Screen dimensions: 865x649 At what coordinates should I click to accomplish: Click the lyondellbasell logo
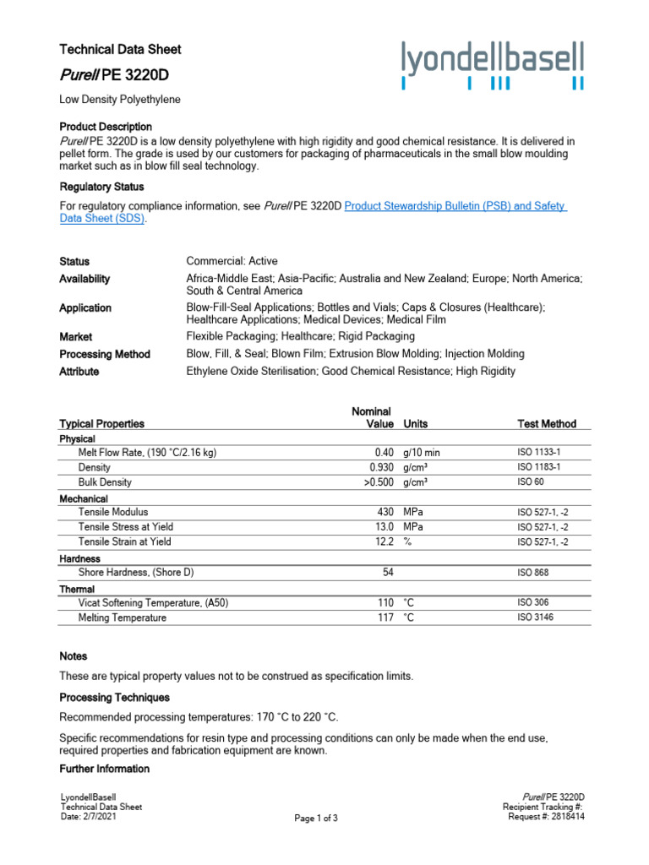492,65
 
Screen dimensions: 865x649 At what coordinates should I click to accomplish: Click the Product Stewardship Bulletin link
455,206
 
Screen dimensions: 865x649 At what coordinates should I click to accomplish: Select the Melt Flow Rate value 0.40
381,453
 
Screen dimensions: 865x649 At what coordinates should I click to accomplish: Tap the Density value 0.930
381,467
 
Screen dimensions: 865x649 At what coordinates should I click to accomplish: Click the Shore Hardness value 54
389,573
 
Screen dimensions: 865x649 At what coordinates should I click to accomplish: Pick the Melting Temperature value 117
386,617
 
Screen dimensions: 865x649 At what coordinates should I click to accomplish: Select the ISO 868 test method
534,573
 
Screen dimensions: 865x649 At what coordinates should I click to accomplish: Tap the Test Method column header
547,423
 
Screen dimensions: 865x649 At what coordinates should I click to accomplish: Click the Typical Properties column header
101,423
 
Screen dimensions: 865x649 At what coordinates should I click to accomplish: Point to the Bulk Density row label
105,482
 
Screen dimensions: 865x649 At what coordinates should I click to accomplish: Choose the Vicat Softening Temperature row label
153,603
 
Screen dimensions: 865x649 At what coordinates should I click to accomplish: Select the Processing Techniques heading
114,698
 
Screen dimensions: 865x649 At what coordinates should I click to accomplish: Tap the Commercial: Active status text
232,261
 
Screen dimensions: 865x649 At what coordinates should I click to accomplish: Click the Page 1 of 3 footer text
316,819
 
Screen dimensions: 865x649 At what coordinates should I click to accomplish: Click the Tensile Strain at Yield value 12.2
384,541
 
